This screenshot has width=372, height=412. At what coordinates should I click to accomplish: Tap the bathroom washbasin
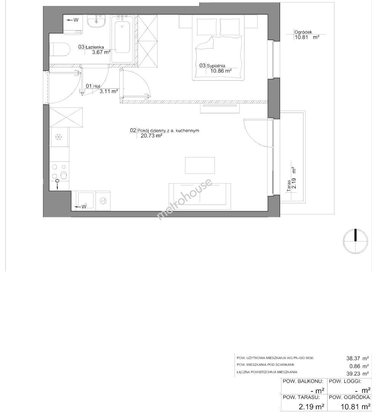coord(96,21)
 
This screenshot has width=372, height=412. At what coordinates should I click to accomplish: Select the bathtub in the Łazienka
coord(123,39)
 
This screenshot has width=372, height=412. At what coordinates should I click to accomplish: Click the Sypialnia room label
coord(216,66)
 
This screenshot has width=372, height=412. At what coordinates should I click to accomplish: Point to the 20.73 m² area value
coord(152,135)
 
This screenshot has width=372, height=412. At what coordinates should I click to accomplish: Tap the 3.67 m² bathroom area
coord(101,52)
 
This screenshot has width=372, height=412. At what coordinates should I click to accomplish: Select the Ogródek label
coord(303,32)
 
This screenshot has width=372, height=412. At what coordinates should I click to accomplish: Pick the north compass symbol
coord(355,241)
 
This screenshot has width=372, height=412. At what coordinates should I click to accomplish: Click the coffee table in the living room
coord(200,165)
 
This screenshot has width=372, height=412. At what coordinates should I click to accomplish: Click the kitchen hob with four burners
coord(60,172)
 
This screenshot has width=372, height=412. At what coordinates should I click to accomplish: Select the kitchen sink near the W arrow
coord(85,201)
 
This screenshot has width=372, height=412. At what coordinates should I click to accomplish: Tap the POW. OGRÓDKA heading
coord(350,397)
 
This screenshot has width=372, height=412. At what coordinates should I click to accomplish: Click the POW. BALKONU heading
coord(302,381)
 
